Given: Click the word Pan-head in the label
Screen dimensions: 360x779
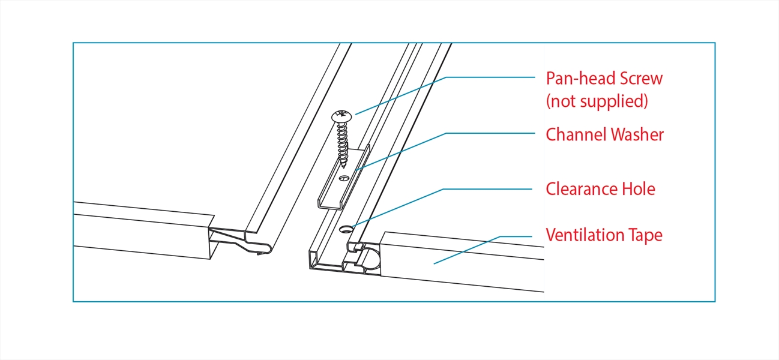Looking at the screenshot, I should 577,79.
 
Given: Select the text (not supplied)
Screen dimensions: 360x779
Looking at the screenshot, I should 597,101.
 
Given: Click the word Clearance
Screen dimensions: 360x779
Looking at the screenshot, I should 580,189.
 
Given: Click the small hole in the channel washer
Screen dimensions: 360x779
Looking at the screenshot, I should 343,178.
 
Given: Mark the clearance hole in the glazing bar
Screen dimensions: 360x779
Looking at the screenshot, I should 347,229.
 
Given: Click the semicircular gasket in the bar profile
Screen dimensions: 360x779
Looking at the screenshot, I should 372,259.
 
